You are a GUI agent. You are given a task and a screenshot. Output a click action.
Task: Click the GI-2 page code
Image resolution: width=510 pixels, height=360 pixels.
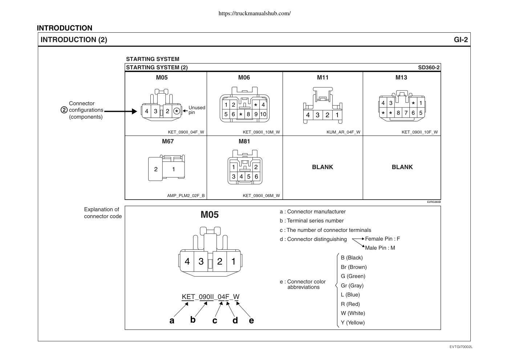pos(461,40)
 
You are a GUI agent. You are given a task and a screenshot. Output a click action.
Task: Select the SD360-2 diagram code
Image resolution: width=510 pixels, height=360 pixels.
pos(429,67)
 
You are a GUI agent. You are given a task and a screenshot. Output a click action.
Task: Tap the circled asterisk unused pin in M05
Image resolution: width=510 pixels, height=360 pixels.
pos(177,111)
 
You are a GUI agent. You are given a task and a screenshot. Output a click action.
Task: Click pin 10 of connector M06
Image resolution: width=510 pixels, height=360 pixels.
pos(263,114)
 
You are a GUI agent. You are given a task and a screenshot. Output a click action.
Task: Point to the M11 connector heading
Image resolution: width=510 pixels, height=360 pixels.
pos(323,78)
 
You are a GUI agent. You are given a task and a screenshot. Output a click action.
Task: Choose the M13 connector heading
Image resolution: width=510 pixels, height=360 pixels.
pos(401,78)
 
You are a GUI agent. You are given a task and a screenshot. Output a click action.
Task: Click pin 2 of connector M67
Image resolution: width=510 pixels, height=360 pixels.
pos(156,169)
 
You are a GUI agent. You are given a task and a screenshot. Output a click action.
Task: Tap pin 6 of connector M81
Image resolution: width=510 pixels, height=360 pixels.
pos(256,176)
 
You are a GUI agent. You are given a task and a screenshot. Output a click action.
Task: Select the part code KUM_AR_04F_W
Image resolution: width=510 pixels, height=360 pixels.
pos(343,132)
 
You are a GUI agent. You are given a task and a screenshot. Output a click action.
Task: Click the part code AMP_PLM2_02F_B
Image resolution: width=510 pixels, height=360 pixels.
pos(186,196)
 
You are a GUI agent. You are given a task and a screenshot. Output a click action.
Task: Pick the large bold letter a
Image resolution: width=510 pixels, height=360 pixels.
pos(172,320)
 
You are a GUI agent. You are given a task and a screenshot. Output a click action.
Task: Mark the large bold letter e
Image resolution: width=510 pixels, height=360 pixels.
pos(251,320)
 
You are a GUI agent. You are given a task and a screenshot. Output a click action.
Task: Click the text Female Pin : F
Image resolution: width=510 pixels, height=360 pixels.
pos(382,239)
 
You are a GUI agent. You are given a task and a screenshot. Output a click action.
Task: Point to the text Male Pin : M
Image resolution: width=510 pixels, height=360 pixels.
pos(380,248)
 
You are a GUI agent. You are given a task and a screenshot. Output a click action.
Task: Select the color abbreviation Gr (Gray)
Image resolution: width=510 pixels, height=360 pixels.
pos(352,285)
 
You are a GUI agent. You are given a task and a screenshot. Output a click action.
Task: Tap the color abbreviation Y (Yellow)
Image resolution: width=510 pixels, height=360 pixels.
pos(353,323)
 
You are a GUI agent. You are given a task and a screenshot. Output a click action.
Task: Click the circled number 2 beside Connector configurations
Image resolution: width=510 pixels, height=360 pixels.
pos(64,110)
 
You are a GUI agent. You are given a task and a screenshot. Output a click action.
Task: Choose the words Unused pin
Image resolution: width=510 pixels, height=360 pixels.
pos(197,110)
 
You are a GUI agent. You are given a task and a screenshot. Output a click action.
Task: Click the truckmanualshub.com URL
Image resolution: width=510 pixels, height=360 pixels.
pos(255,13)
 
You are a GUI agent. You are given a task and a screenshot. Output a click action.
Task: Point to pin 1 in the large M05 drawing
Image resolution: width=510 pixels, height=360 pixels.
pos(233,262)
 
